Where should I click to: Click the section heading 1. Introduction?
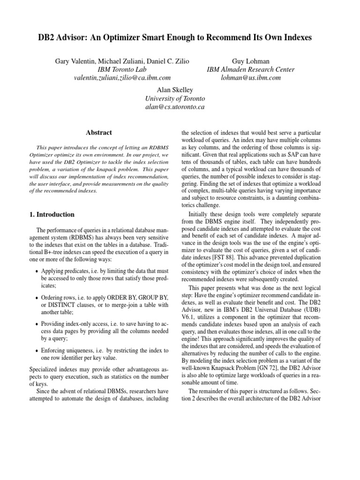[x=52, y=215]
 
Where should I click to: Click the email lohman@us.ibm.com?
[x=251, y=78]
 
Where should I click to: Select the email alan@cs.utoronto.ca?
[x=175, y=107]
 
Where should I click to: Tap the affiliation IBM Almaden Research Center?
[x=251, y=69]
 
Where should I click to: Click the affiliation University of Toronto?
[x=175, y=98]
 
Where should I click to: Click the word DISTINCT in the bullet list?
[x=59, y=305]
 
